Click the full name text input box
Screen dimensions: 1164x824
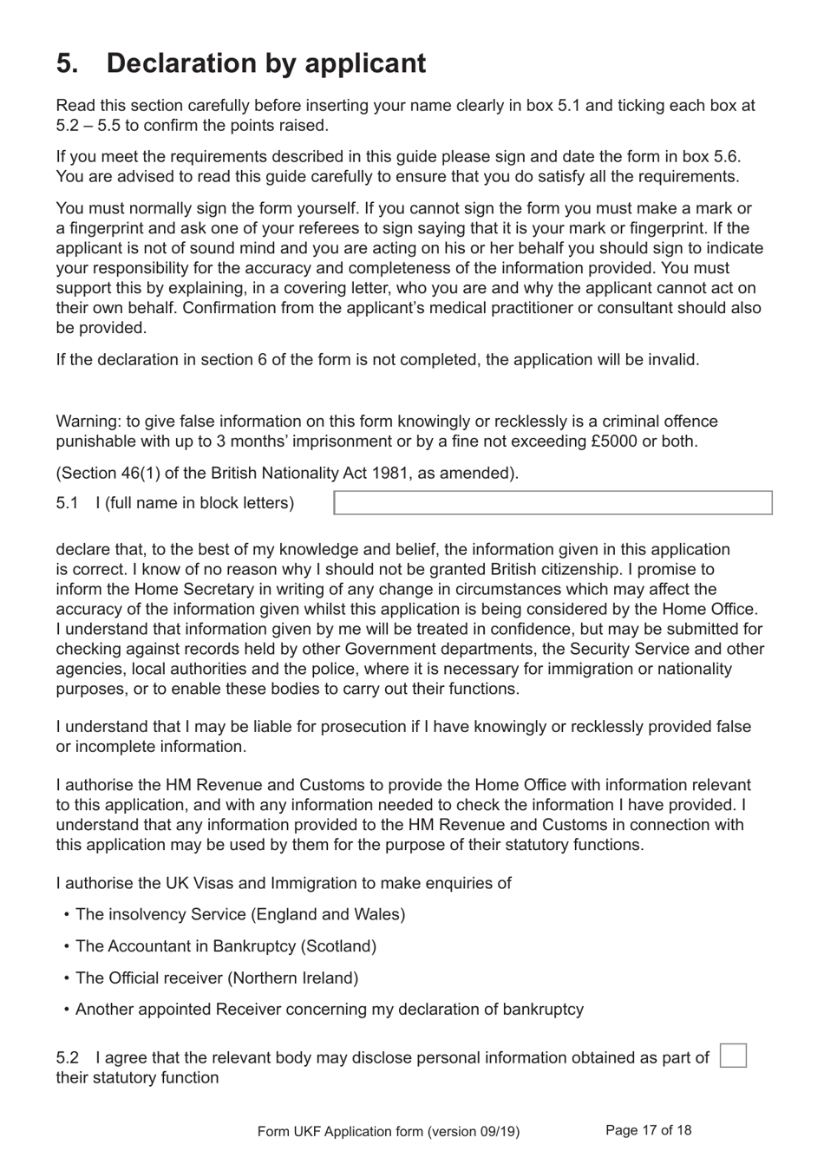(x=553, y=503)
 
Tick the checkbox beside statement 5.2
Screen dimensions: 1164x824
(x=733, y=1056)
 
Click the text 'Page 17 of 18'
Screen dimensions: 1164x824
(x=648, y=1130)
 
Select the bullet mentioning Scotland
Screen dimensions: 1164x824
(x=226, y=946)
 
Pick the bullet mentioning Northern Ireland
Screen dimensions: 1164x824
(x=216, y=978)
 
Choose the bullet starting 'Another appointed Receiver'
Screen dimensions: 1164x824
(x=329, y=1009)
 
